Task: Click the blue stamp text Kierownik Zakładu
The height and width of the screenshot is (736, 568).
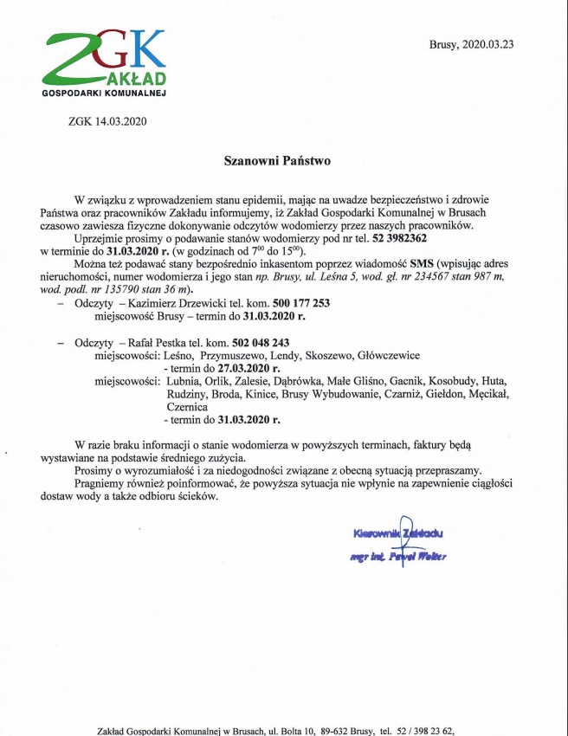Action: [x=397, y=533]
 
